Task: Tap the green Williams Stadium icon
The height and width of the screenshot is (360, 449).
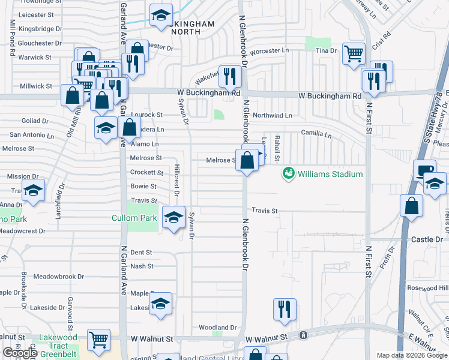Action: (288, 174)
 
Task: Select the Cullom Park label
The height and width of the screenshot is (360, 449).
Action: (133, 218)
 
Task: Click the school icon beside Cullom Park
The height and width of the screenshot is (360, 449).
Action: (173, 218)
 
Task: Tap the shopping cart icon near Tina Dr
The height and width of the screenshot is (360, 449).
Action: (354, 53)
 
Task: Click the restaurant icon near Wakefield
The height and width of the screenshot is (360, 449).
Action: (230, 76)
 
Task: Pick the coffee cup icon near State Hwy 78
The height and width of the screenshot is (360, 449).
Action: (424, 170)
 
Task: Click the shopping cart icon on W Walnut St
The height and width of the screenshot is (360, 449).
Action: (98, 340)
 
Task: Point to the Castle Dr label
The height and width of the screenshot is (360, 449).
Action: (427, 239)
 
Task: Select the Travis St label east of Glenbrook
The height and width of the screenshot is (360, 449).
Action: (265, 211)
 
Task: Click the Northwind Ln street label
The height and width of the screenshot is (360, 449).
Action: (272, 115)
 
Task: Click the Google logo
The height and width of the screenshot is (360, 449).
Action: (20, 353)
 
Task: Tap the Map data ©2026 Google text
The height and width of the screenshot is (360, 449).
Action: (411, 355)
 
